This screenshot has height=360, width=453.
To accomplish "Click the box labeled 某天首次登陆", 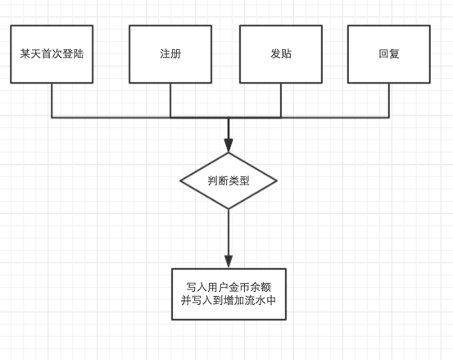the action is [52, 54].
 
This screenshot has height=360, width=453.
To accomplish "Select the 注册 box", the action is [170, 54].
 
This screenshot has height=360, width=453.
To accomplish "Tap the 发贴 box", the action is [281, 54].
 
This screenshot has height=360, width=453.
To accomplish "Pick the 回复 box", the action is [389, 54].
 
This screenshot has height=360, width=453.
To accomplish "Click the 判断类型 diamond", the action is [229, 180].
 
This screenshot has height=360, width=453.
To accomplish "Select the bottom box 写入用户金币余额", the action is [229, 294].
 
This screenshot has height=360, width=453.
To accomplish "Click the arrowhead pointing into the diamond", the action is [229, 145].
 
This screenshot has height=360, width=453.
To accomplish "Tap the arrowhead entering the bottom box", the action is [229, 262].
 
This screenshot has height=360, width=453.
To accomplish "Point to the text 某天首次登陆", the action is [52, 54].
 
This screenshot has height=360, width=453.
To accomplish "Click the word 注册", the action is [170, 54].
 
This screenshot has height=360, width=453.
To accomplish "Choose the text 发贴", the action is [281, 54].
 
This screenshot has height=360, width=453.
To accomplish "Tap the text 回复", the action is [389, 54].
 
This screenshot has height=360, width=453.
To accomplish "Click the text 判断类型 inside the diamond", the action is [229, 180].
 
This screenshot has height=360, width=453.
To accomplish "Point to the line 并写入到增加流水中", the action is [229, 300].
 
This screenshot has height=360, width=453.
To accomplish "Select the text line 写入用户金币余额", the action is [229, 287].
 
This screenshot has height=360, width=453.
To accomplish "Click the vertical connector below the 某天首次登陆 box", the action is [52, 100].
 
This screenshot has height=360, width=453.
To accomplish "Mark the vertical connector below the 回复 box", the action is [389, 100].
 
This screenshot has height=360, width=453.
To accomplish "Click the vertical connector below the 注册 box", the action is [170, 100].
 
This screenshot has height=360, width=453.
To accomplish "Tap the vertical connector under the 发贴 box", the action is [281, 100].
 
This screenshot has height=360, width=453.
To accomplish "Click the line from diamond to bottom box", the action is [229, 232].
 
